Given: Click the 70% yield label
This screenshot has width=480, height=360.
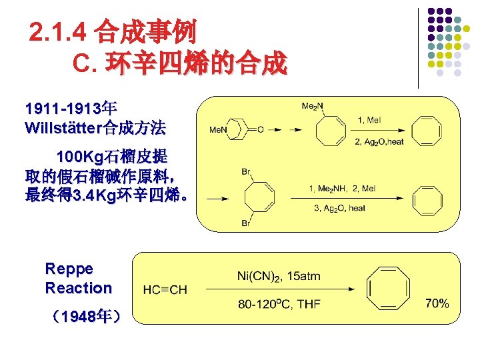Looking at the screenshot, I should (437, 303).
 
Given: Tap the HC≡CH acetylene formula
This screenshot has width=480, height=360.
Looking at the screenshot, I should (165, 290).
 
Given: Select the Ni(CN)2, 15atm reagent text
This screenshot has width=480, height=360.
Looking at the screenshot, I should (279, 275).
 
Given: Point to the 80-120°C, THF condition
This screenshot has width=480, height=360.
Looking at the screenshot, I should (279, 304).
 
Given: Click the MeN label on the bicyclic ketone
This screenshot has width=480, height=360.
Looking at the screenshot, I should (219, 129).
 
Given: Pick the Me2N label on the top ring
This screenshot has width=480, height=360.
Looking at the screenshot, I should (312, 106).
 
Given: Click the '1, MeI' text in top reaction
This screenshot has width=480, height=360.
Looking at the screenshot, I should (370, 120).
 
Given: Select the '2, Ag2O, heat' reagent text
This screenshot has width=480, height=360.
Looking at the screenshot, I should (379, 141).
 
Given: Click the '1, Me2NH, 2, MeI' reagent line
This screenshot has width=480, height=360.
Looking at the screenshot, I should (342, 189).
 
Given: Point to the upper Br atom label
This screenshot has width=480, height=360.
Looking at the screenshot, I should (246, 172).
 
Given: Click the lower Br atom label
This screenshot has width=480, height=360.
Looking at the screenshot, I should (246, 223).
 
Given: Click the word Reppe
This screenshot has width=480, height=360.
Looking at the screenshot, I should (69, 269).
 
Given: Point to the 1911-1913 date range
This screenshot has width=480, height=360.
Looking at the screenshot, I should (62, 108).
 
